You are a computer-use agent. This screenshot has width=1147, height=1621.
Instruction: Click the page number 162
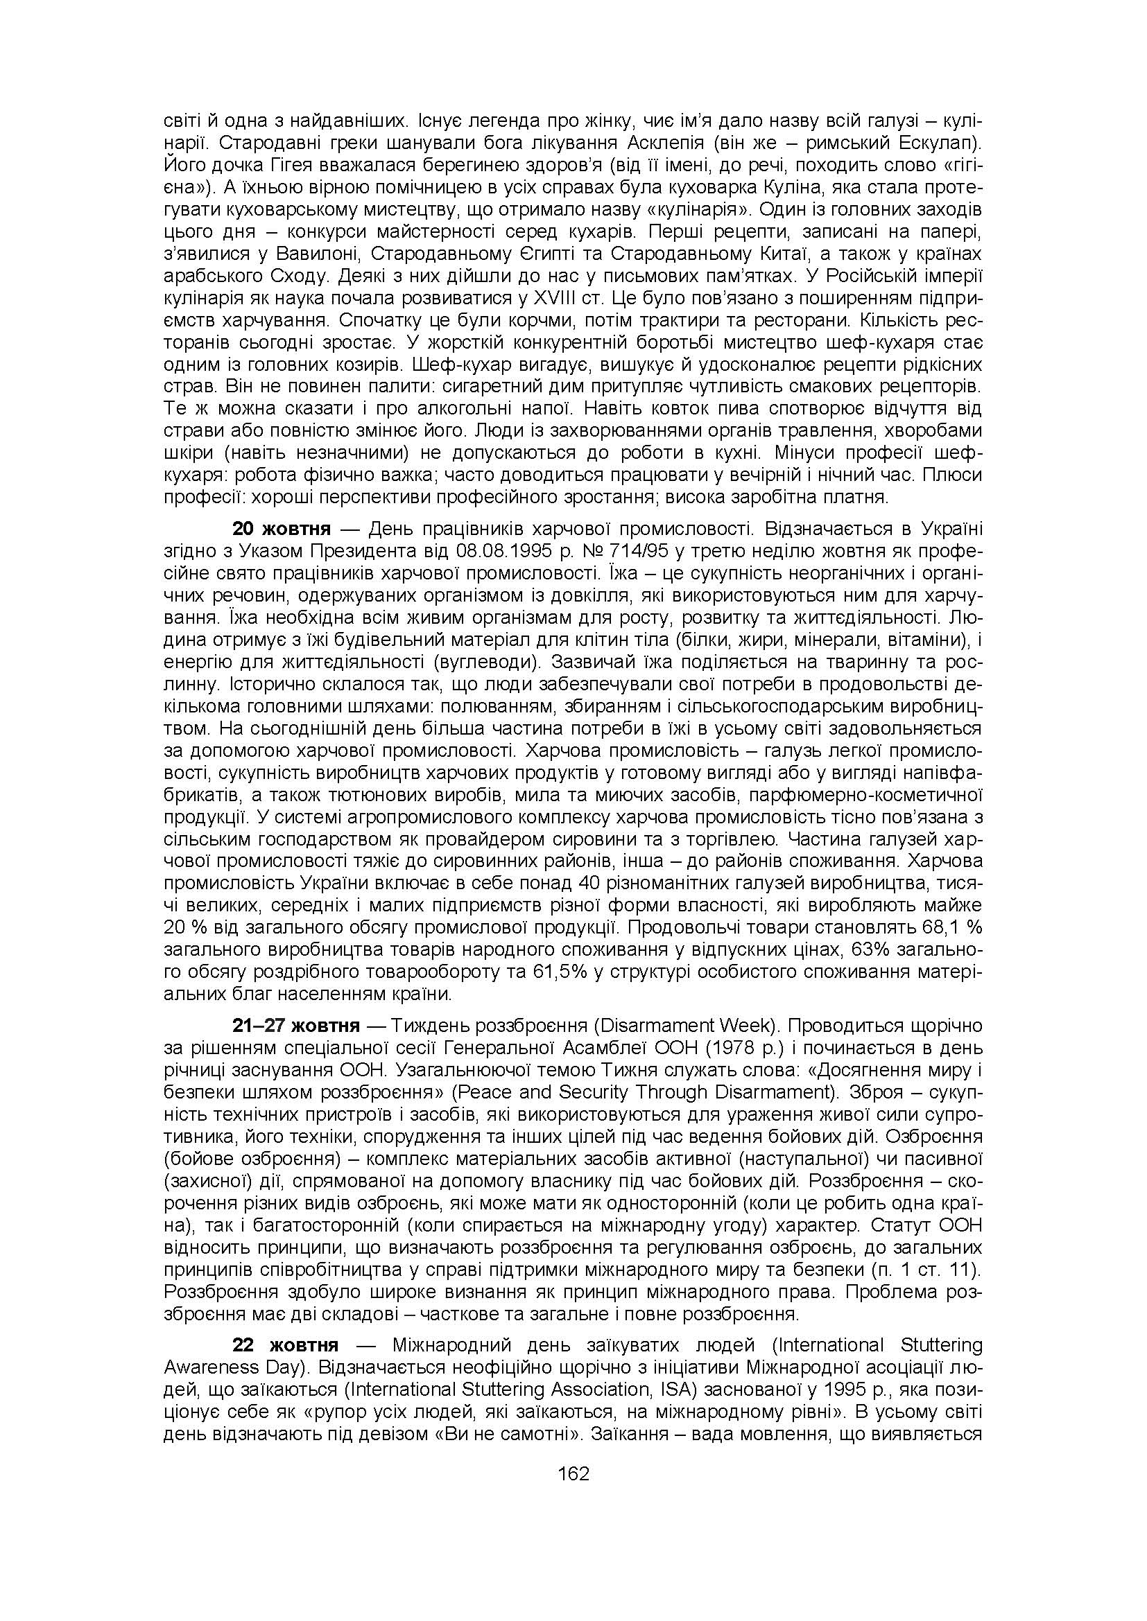pyautogui.click(x=573, y=1474)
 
